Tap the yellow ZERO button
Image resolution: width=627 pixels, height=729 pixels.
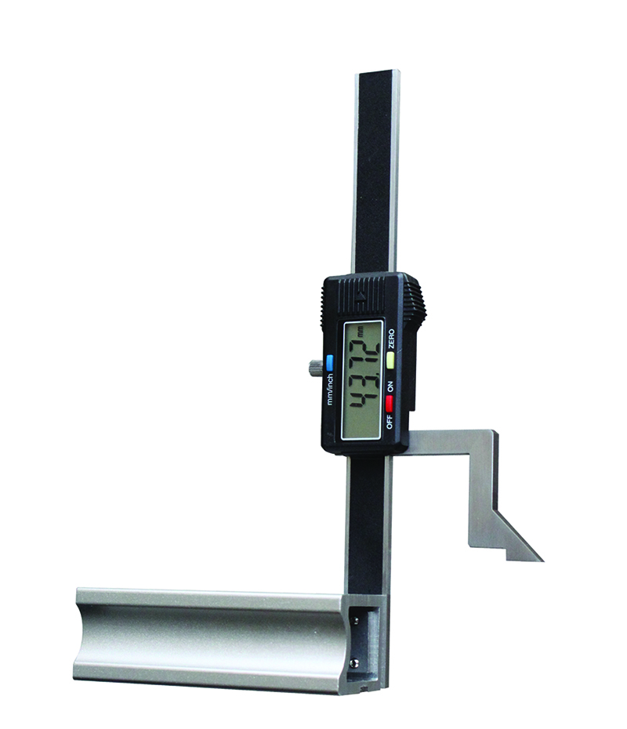click(390, 361)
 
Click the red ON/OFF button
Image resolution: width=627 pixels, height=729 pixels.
click(389, 404)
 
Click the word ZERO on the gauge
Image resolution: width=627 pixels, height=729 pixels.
click(391, 339)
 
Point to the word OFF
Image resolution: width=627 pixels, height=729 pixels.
click(390, 422)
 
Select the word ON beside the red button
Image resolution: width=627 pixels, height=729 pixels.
click(390, 386)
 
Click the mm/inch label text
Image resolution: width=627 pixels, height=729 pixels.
click(330, 389)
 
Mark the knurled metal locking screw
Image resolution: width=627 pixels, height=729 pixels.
click(313, 368)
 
